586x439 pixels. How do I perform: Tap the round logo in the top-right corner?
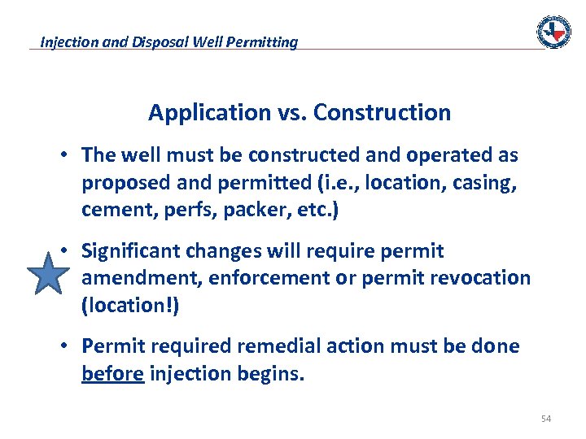[553, 32]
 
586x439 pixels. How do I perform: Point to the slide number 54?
[545, 419]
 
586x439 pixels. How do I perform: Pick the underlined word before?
[112, 373]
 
